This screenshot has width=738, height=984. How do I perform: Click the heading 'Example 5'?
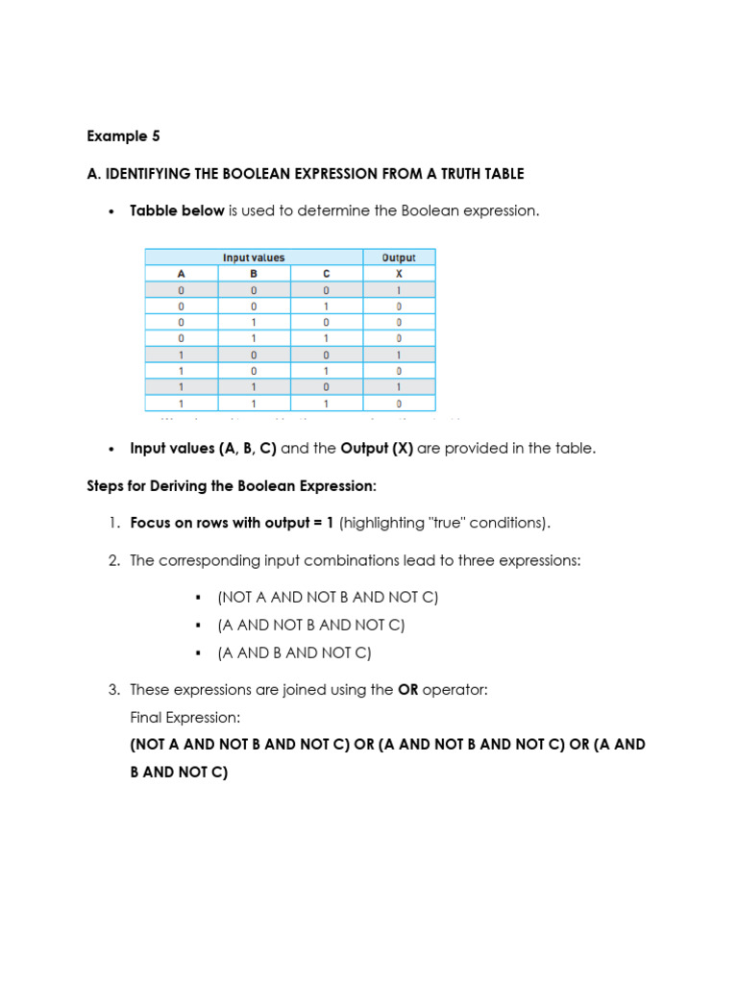(x=123, y=136)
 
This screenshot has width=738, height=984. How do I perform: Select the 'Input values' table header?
(x=254, y=258)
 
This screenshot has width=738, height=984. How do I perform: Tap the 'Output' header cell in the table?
(x=399, y=258)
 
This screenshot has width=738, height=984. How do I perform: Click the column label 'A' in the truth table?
(x=181, y=273)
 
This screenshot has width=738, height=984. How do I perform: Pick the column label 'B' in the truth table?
(x=254, y=273)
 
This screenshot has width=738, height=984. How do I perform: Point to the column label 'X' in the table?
(x=399, y=273)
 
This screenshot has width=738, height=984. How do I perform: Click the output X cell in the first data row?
(x=399, y=289)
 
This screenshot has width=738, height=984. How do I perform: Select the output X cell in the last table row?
(x=399, y=404)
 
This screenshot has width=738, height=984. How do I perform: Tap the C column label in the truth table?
(x=327, y=273)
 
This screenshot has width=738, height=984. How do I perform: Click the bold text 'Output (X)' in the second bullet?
(x=377, y=449)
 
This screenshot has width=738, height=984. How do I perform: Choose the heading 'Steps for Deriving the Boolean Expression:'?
(x=232, y=486)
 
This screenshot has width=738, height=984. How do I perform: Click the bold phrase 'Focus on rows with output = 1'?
(x=233, y=523)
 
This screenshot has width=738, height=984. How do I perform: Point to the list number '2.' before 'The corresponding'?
(x=113, y=560)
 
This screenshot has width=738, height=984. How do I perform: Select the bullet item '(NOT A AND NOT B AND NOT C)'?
(x=328, y=598)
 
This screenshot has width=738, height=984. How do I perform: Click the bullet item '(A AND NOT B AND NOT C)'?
(x=311, y=626)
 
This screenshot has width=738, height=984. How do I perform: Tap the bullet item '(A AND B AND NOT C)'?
(x=294, y=653)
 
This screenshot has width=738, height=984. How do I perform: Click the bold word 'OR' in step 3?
(x=407, y=690)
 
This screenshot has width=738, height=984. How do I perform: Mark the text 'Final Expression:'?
(x=185, y=718)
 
